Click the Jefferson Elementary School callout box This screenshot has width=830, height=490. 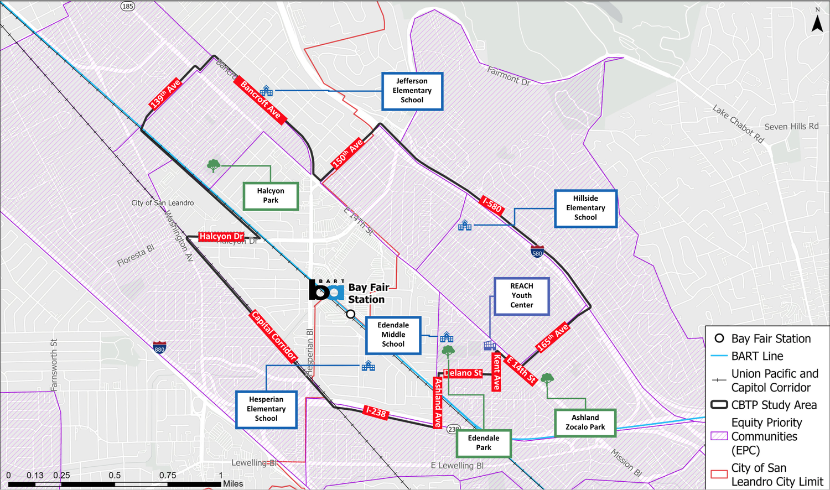click(x=412, y=91)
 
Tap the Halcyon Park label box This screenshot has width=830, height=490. click(x=271, y=196)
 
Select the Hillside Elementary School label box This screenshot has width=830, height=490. click(x=585, y=208)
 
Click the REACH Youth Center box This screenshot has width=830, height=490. click(x=521, y=296)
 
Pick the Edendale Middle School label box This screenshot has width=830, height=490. click(x=393, y=335)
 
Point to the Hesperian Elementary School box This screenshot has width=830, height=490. click(x=266, y=409)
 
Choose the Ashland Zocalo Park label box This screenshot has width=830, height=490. click(x=585, y=423)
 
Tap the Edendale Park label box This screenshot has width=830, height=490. click(x=483, y=443)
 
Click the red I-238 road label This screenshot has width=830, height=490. click(x=376, y=412)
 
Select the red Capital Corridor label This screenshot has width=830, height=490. click(x=274, y=336)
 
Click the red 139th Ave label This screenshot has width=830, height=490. click(x=165, y=93)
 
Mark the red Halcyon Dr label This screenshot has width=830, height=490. click(x=221, y=236)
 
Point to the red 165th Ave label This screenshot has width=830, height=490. click(x=552, y=337)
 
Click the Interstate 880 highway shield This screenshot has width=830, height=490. click(x=159, y=347)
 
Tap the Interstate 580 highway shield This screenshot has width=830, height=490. click(x=537, y=252)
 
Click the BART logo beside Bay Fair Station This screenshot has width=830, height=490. click(x=326, y=290)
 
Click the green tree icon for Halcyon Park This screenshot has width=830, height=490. click(x=213, y=165)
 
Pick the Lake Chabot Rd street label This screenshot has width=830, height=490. click(x=738, y=124)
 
